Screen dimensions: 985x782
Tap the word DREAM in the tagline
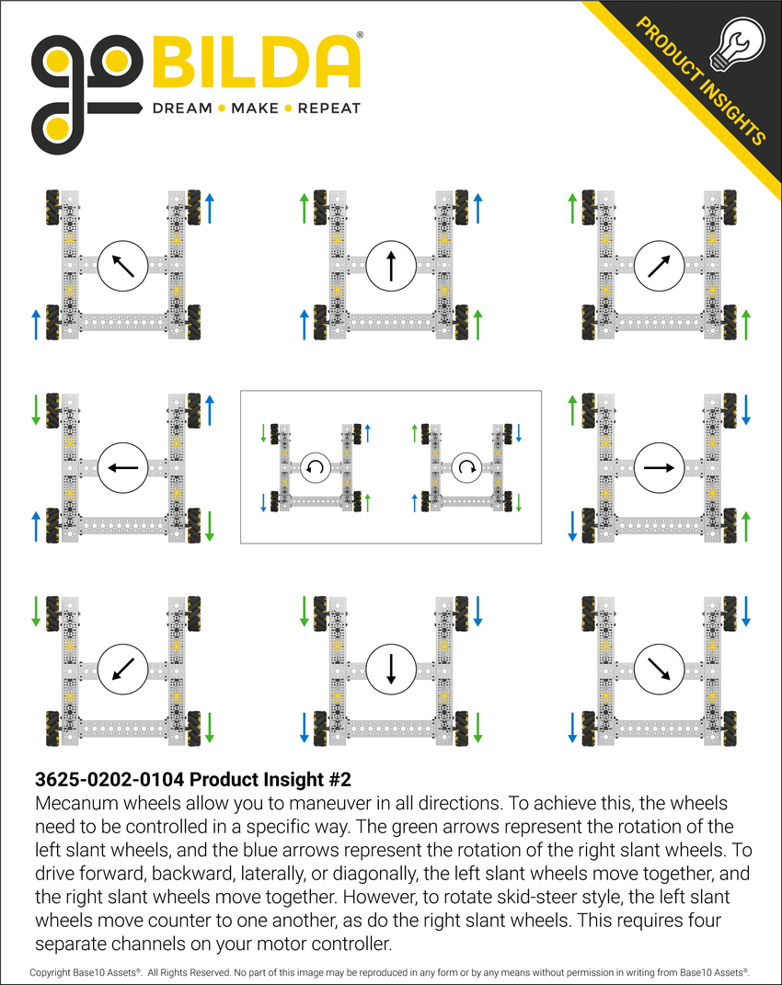pos(181,109)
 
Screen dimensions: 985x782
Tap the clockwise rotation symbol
pos(466,467)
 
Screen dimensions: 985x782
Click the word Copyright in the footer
pos(54,971)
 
